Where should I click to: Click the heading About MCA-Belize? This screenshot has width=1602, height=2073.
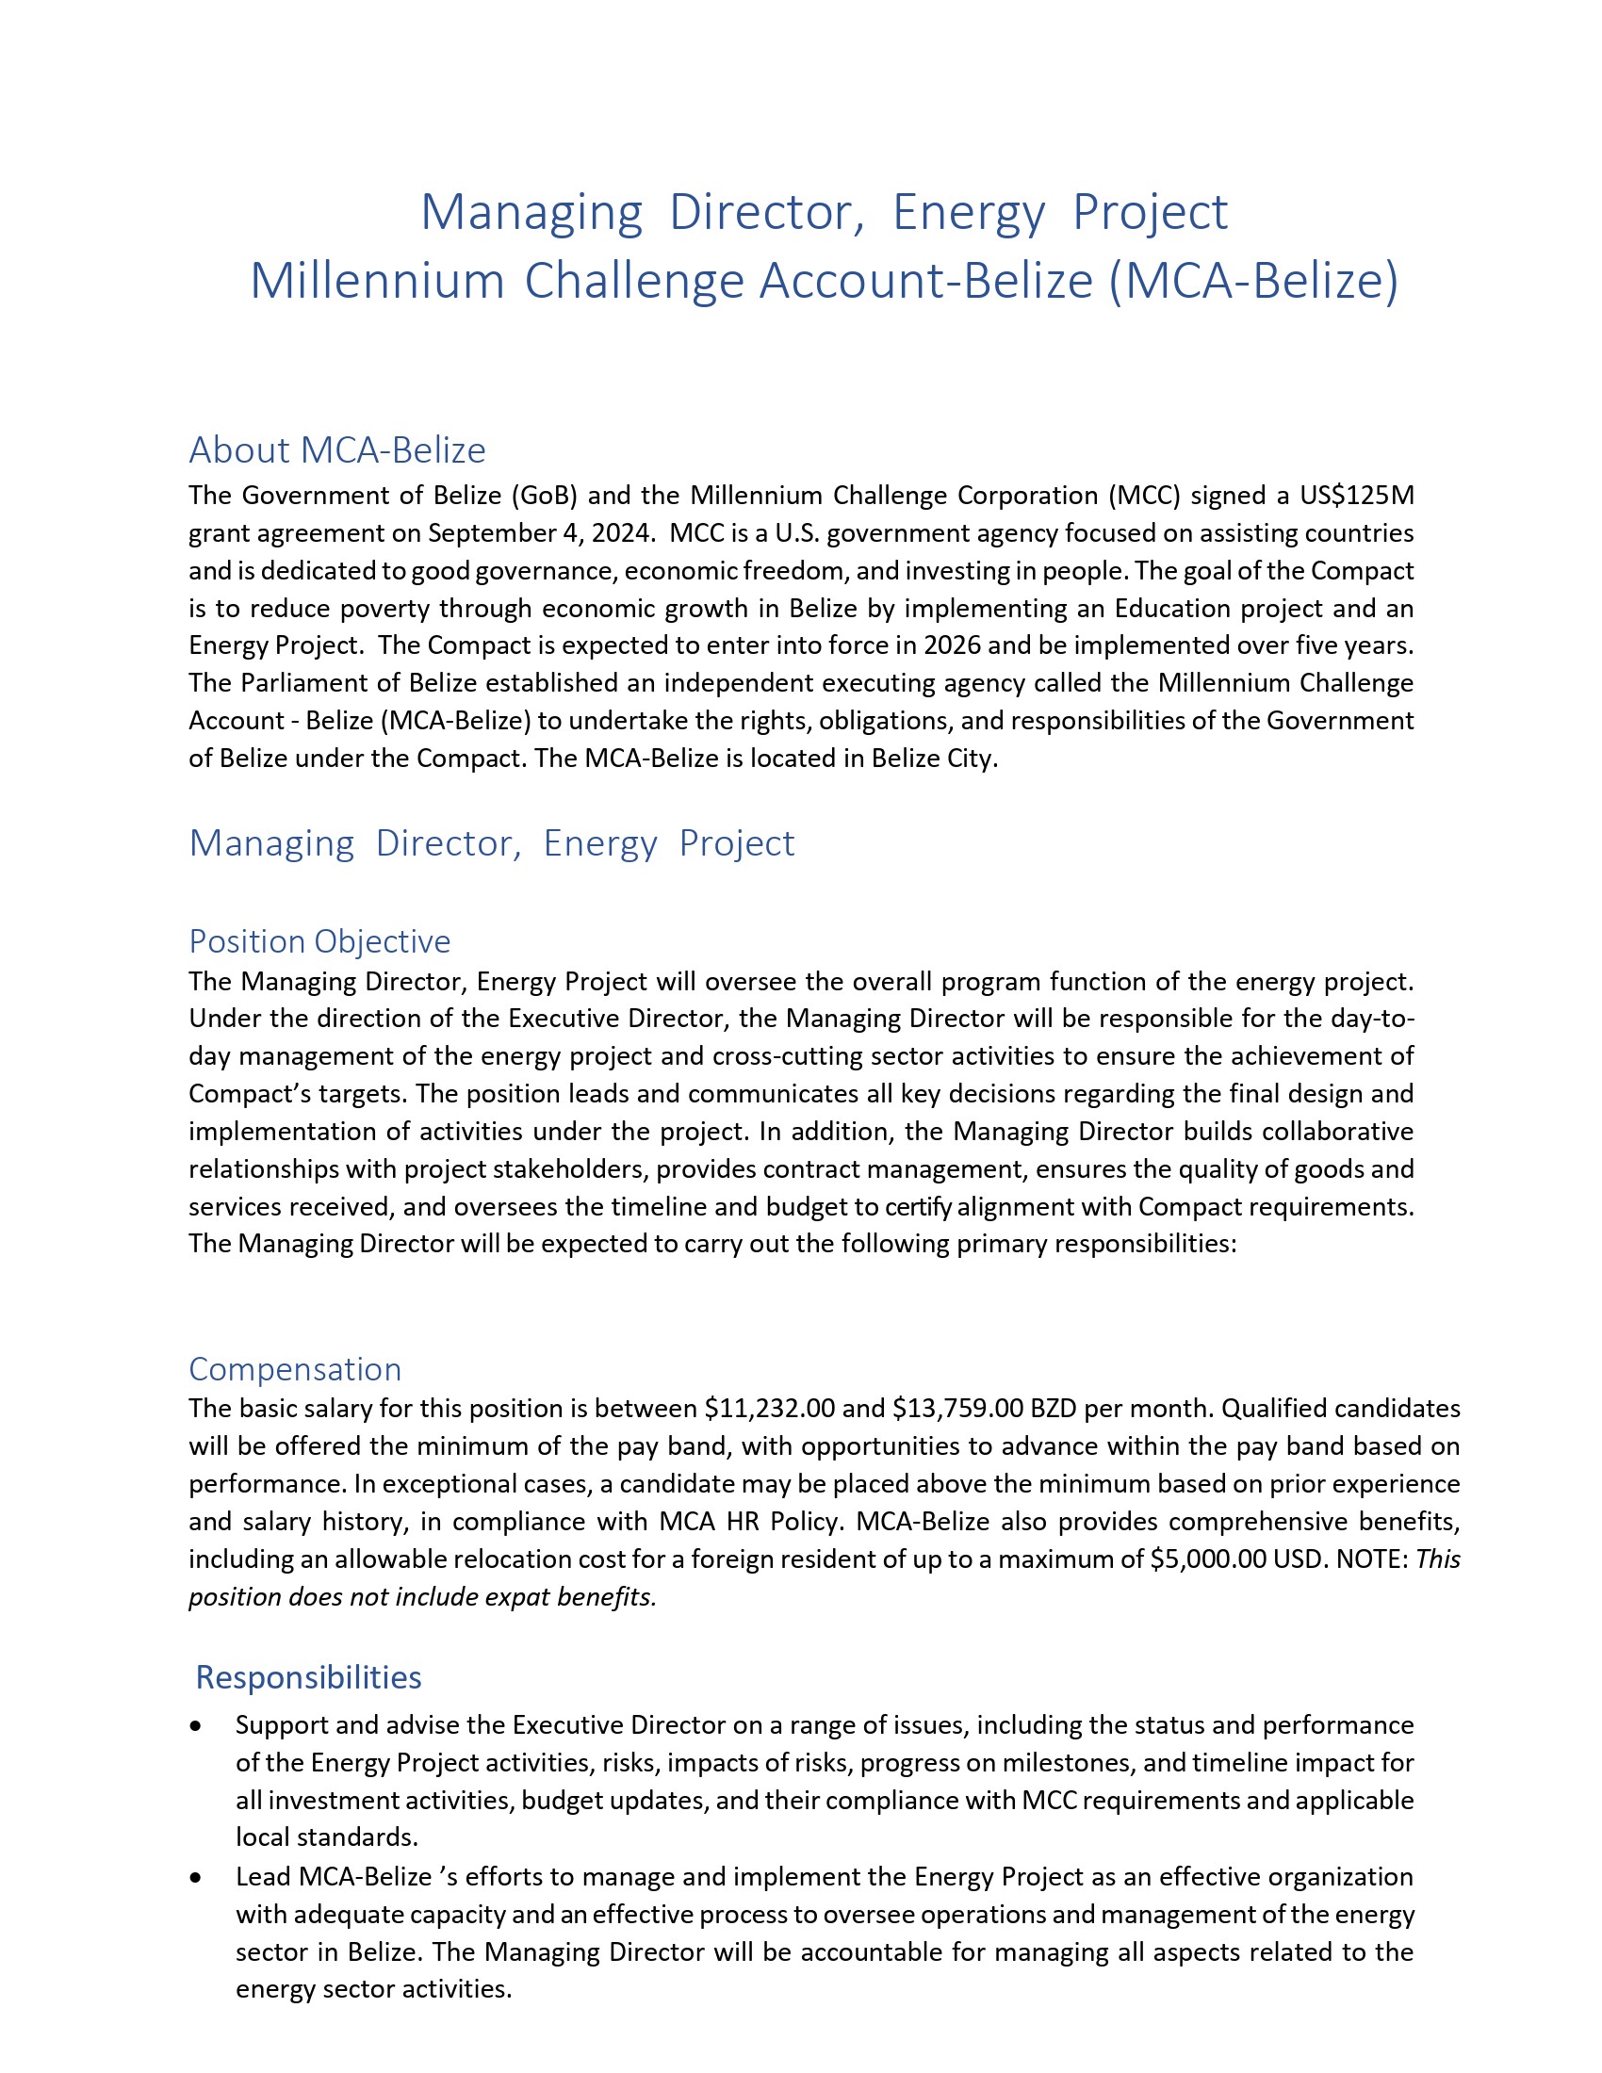[337, 449]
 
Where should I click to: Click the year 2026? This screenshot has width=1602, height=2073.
[952, 645]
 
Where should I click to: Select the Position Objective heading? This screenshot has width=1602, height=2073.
[319, 941]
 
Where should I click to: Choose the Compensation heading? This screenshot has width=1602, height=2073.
[295, 1369]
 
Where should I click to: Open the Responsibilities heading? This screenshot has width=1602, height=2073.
[308, 1677]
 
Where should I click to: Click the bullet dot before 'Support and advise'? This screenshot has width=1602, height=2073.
[195, 1725]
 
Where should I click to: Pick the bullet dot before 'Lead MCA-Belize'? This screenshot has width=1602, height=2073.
[195, 1877]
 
